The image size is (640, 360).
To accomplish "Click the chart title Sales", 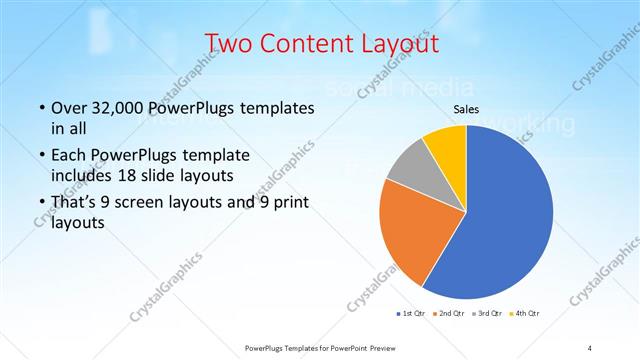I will pyautogui.click(x=466, y=108).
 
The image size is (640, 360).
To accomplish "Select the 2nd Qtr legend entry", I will pyautogui.click(x=451, y=314).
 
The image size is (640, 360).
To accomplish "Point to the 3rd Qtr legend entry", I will pyautogui.click(x=487, y=314).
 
